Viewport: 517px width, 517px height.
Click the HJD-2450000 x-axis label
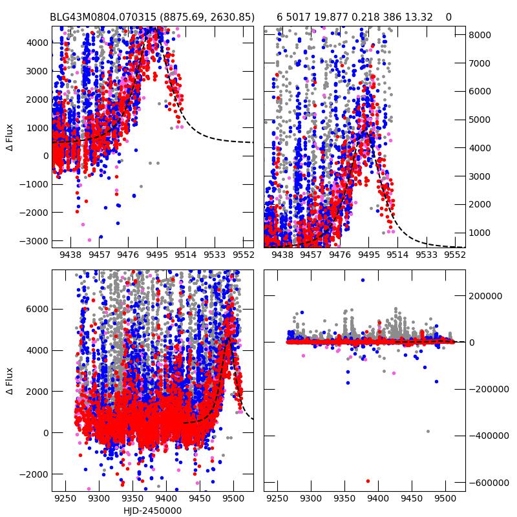coord(153,511)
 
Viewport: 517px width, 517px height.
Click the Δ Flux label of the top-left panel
coord(9,137)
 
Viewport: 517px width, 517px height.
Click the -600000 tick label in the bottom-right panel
coord(489,482)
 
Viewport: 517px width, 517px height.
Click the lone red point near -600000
coord(368,481)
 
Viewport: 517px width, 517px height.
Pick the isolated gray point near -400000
coord(428,431)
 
